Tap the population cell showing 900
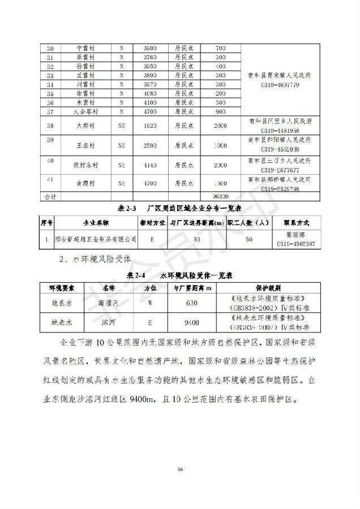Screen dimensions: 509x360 pyautogui.click(x=221, y=111)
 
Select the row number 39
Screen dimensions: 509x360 pyautogui.click(x=50, y=140)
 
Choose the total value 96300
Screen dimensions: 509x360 pyautogui.click(x=221, y=196)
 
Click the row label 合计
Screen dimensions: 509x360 pyautogui.click(x=50, y=196)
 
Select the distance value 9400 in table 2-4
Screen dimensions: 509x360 pyautogui.click(x=192, y=323)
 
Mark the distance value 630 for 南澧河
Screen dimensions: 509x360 pyautogui.click(x=192, y=303)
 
